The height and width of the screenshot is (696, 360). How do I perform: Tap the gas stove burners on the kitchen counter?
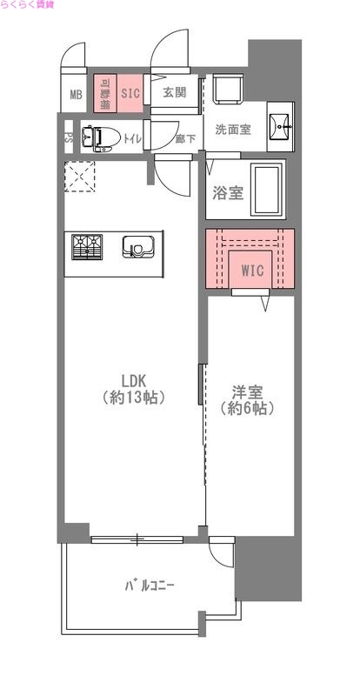(x=86, y=247)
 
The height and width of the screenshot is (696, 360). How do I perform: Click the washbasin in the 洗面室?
(x=281, y=126)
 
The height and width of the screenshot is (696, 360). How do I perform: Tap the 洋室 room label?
(x=247, y=399)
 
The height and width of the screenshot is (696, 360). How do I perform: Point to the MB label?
(x=75, y=95)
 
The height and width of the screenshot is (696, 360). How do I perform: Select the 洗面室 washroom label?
(x=233, y=130)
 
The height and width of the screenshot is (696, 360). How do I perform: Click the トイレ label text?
(x=132, y=137)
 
